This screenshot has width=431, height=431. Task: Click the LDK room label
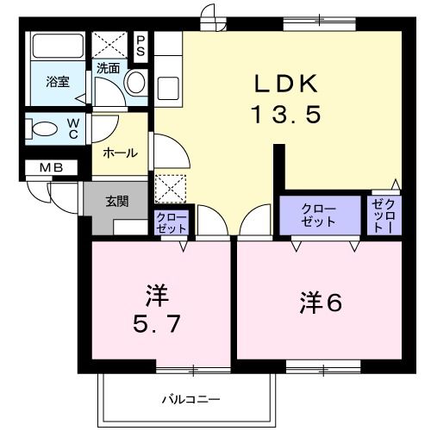(286, 84)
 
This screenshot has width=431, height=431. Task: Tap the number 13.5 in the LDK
(286, 113)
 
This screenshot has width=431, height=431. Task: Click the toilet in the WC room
(42, 129)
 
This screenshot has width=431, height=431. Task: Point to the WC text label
(74, 129)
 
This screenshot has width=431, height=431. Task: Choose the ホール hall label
(120, 153)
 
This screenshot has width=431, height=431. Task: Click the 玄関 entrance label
(117, 202)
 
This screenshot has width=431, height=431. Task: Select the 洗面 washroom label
(108, 67)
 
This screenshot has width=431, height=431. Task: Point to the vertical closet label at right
(381, 217)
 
